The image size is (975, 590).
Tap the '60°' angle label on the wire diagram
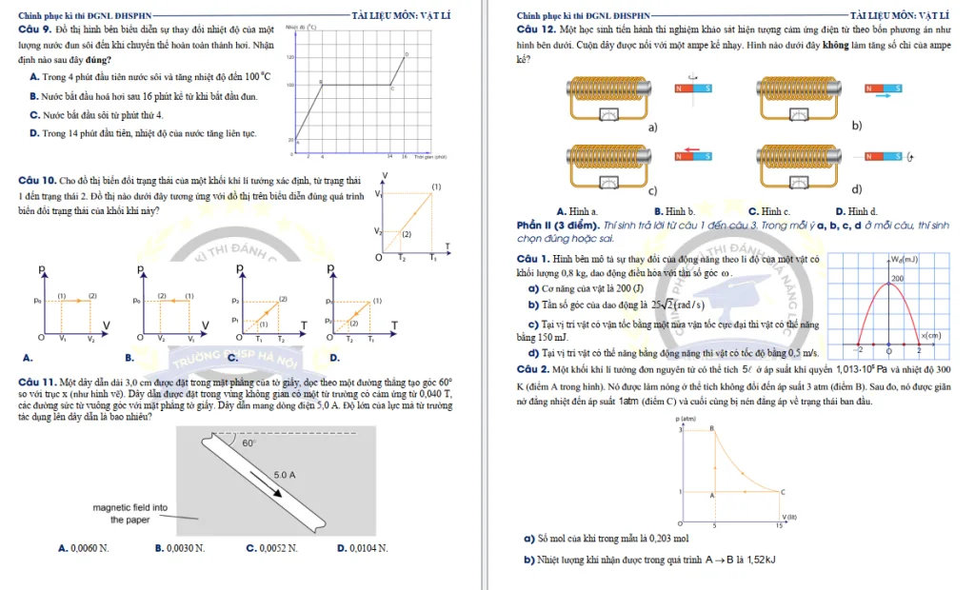point(249,442)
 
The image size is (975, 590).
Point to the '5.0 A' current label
point(285,473)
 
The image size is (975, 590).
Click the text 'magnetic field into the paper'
point(130,514)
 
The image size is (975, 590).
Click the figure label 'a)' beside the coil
point(653,127)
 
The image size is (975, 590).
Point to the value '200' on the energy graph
point(896,278)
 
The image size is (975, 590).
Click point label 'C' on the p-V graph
point(782,491)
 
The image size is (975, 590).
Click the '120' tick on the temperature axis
point(290,58)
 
